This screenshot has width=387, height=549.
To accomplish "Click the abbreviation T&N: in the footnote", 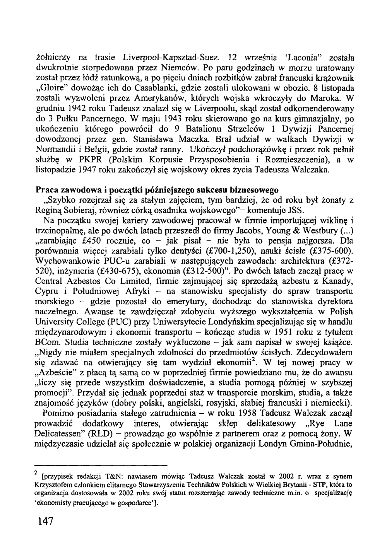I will (x=111, y=474).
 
